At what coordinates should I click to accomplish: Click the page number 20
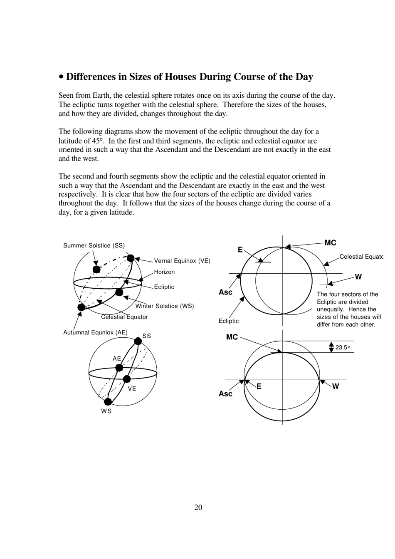coord(198,507)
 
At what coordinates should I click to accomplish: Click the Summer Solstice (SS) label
coord(94,245)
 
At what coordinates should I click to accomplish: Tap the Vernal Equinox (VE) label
coord(182,261)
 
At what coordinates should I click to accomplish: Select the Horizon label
coord(164,272)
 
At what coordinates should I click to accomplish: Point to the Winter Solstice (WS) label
coord(165,306)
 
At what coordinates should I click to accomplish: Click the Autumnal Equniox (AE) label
coord(95,332)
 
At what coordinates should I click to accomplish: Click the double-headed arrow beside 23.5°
coord(331,347)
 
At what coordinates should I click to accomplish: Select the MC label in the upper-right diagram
coord(330,243)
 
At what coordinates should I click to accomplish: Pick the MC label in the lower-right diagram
coord(232,337)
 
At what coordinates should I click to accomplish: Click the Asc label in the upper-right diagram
coord(225,292)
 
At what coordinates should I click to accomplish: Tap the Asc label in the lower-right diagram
coord(225,394)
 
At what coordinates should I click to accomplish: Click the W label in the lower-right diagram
coord(336,386)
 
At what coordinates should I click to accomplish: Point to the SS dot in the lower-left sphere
coord(138,341)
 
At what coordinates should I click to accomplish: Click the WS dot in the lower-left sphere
coord(108,401)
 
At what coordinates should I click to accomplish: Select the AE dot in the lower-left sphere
coord(119,368)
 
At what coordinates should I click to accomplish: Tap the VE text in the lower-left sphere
coord(132,389)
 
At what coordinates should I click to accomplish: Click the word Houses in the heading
coord(180,77)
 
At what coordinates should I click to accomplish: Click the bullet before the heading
coord(62,77)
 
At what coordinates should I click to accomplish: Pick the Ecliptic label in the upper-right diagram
coord(229,321)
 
